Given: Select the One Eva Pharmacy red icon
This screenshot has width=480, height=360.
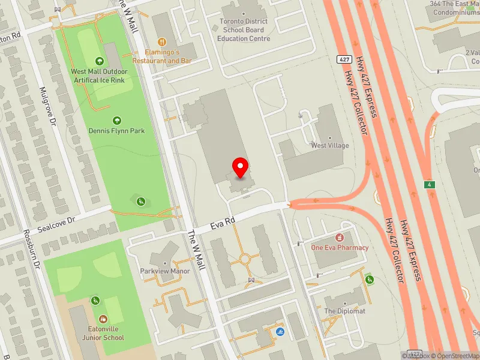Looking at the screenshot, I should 340,238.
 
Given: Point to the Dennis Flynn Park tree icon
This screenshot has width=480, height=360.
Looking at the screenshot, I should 116,121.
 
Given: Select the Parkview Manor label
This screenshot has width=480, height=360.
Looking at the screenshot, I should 165,271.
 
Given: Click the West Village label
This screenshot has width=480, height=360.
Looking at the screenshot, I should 329,145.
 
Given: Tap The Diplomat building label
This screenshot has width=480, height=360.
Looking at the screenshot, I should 344,311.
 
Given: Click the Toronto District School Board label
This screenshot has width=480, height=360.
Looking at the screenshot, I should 244,29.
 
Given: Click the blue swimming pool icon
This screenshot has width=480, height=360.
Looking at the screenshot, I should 280,331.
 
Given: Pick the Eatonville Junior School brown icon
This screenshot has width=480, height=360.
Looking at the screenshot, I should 103,319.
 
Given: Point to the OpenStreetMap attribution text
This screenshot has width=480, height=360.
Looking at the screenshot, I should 454,356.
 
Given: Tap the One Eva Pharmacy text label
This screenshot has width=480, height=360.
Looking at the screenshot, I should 340,247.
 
